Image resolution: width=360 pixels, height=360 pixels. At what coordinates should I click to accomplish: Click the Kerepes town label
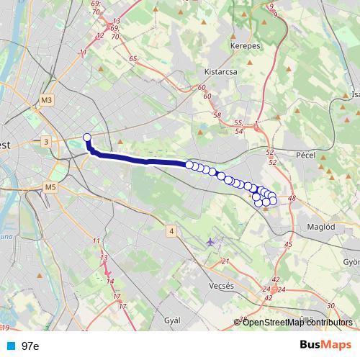point(245,45)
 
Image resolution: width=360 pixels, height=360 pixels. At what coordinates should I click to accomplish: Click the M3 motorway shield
point(48,99)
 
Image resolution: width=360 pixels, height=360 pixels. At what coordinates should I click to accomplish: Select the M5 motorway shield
point(50,187)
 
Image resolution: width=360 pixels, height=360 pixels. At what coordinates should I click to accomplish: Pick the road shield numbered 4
point(171,230)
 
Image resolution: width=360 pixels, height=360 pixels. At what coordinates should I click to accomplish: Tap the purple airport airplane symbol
point(210,242)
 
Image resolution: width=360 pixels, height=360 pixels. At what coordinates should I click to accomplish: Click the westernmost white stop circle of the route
point(88,138)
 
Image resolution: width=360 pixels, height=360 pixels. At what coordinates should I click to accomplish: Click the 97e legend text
point(30,346)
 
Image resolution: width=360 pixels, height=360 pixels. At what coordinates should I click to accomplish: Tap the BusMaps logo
point(325,345)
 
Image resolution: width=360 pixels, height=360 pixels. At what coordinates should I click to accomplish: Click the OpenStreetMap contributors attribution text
point(297,323)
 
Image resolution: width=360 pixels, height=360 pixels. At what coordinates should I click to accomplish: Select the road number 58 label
point(217,114)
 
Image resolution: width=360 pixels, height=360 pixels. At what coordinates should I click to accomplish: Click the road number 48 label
point(292,198)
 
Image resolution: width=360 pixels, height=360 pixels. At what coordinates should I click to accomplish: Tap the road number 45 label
point(288,245)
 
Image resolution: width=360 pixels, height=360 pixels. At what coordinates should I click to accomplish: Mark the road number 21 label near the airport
point(225,261)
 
